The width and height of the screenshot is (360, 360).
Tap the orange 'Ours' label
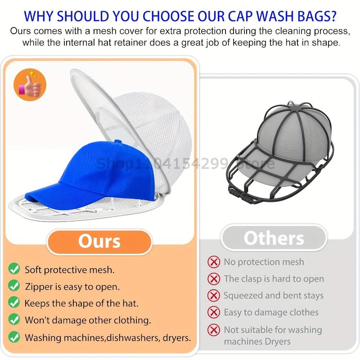(x=99, y=241)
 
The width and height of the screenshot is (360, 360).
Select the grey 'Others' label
(x=274, y=238)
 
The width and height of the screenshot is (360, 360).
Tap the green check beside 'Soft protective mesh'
(x=14, y=269)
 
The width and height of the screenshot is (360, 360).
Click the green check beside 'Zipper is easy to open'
(x=14, y=286)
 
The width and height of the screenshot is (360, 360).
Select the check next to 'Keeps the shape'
(x=14, y=303)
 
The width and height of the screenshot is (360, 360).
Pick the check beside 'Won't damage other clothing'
(x=14, y=320)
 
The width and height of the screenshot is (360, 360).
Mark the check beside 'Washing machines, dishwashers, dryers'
(x=14, y=337)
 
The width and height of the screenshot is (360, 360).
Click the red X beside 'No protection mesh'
(x=213, y=262)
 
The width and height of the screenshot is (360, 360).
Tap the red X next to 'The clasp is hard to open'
(x=213, y=279)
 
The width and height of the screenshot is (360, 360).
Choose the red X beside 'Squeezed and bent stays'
(x=213, y=296)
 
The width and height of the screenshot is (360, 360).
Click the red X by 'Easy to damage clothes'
(x=213, y=312)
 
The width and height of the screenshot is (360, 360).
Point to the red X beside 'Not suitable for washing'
(x=213, y=329)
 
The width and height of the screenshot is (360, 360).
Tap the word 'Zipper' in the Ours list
(x=38, y=286)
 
